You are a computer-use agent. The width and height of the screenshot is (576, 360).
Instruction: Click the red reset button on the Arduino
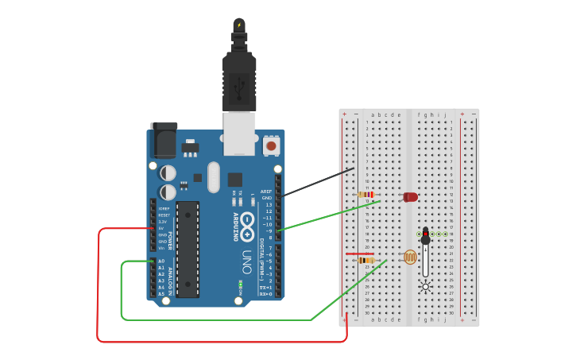click(271, 145)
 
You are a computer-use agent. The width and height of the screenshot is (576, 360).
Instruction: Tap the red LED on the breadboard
click(410, 197)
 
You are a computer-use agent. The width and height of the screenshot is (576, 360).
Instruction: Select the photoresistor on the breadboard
click(410, 257)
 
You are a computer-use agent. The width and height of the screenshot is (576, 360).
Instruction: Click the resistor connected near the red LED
click(366, 195)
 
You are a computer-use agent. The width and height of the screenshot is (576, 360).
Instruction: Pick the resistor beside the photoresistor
click(366, 260)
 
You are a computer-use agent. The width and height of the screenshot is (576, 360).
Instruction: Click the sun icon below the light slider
click(426, 287)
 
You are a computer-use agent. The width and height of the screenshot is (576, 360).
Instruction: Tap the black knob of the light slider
click(425, 236)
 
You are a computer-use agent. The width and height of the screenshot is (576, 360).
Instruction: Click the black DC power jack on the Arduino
click(164, 141)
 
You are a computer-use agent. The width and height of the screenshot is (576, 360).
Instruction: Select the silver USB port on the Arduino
click(239, 132)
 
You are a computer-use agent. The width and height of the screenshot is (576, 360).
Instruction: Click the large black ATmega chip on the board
click(187, 249)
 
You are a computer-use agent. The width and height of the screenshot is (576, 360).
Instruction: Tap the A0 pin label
click(161, 261)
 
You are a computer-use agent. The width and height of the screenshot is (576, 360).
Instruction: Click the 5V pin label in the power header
click(161, 228)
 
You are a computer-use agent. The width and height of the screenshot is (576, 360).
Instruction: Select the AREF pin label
click(266, 192)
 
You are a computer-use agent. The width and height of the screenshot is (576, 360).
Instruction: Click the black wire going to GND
click(318, 182)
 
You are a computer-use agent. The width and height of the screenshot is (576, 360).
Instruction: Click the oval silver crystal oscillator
click(214, 177)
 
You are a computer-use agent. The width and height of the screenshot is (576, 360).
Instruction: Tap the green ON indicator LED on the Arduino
click(240, 283)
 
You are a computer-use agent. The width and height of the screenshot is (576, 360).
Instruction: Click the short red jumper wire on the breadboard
click(359, 254)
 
